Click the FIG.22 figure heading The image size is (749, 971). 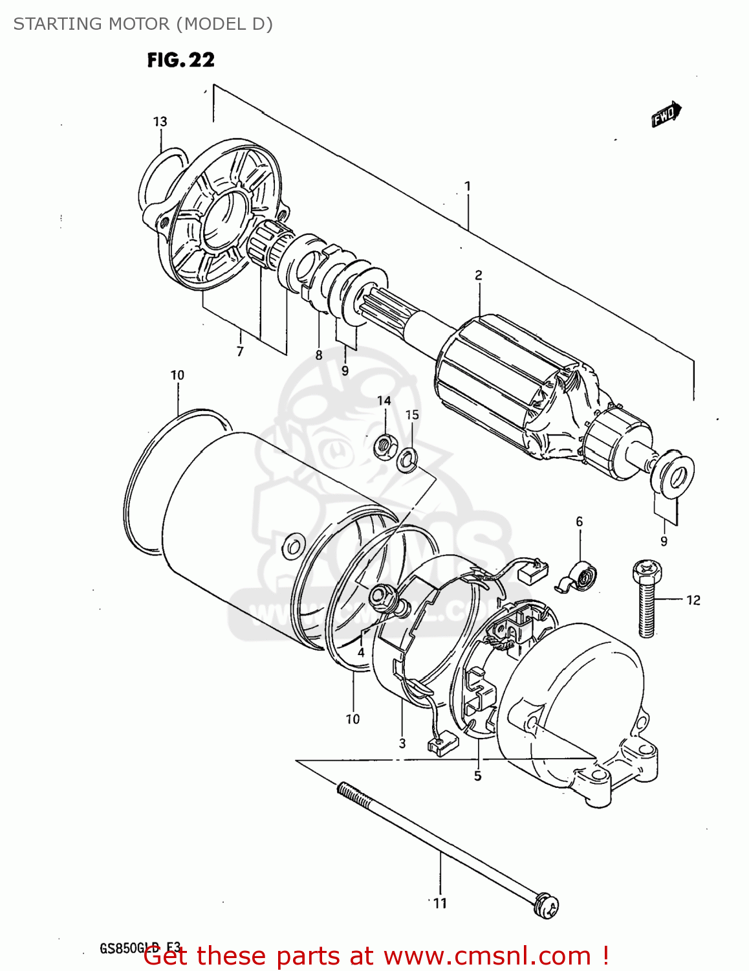click(x=180, y=60)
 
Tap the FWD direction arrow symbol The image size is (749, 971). click(x=666, y=115)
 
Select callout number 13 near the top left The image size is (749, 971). click(x=160, y=122)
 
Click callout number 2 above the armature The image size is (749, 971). click(x=479, y=275)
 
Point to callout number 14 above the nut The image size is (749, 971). click(x=384, y=401)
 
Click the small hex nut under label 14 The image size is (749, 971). click(x=385, y=445)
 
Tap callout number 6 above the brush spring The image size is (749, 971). click(x=579, y=521)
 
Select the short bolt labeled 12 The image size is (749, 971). click(x=646, y=599)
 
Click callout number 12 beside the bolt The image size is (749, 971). click(x=693, y=600)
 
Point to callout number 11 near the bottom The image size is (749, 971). click(x=440, y=903)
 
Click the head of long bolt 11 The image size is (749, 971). click(x=547, y=905)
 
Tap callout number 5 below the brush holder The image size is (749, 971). click(x=477, y=776)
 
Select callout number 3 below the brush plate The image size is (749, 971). click(x=402, y=743)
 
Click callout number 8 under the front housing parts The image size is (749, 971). click(x=319, y=355)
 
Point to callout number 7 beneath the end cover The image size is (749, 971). click(x=240, y=352)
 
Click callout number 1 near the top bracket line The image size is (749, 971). click(x=468, y=186)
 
